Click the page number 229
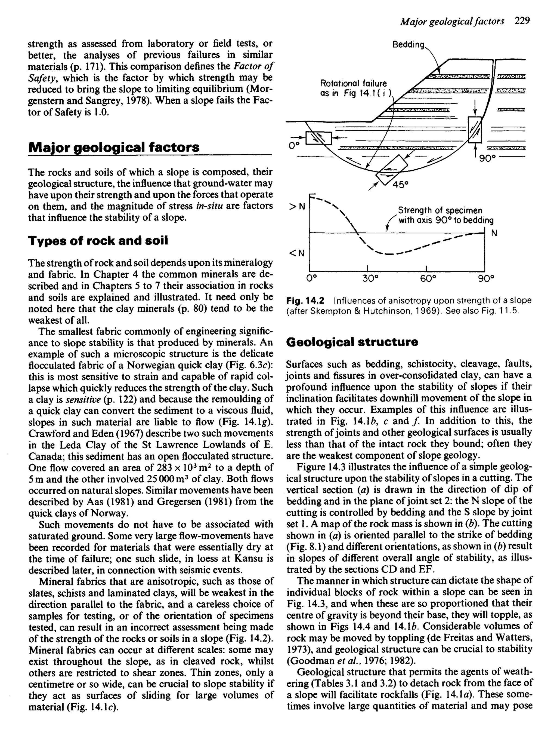[x=522, y=21]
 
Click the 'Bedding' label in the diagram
[x=408, y=45]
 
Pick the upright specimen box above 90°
[x=475, y=130]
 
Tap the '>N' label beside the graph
[x=297, y=206]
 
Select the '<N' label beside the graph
[x=297, y=253]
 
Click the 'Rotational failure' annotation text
[x=353, y=83]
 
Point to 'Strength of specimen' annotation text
[x=440, y=210]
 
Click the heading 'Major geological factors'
[x=114, y=147]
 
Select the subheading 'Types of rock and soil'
[x=98, y=241]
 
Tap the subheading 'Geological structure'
[x=352, y=342]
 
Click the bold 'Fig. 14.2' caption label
[x=305, y=300]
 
